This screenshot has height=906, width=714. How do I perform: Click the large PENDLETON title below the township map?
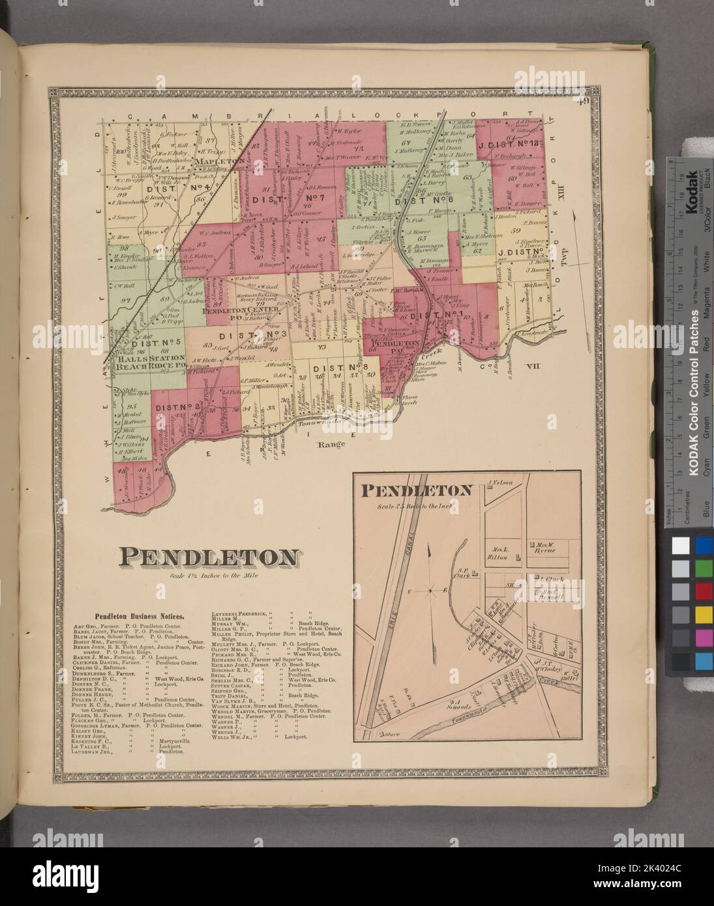(x=208, y=558)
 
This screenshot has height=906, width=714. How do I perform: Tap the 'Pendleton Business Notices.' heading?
(x=140, y=615)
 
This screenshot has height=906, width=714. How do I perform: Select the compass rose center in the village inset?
(x=428, y=591)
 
